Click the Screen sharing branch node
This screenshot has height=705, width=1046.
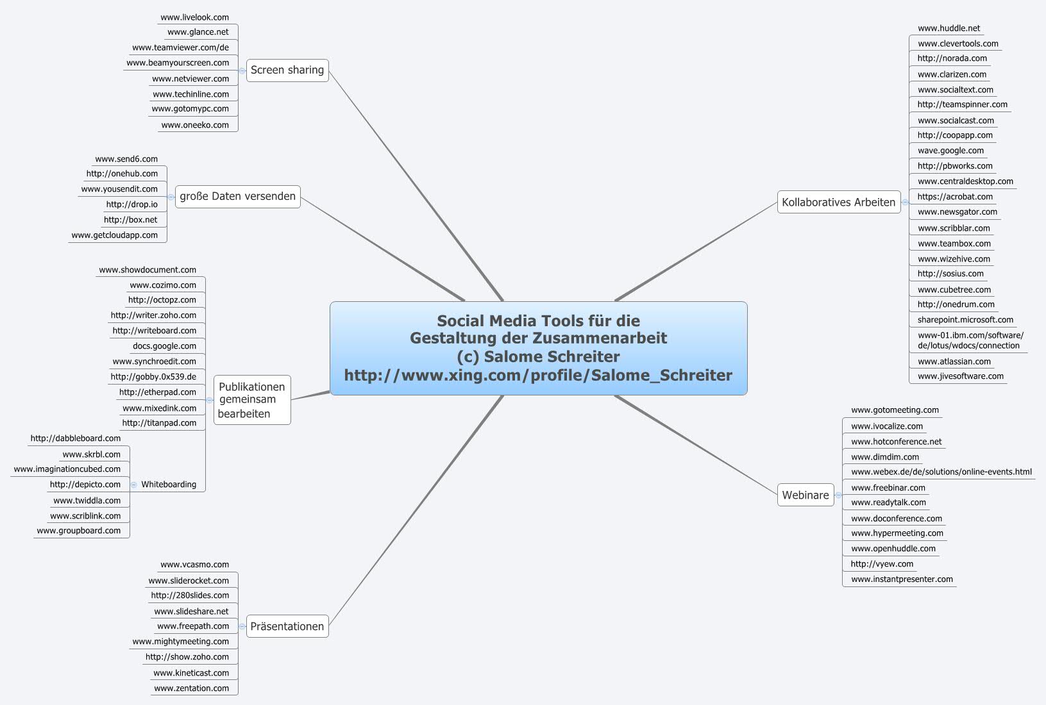click(287, 70)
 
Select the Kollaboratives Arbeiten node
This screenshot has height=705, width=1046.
click(838, 203)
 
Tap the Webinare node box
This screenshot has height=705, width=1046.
click(805, 495)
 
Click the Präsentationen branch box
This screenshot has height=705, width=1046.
click(287, 626)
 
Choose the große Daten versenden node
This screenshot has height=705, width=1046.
click(237, 196)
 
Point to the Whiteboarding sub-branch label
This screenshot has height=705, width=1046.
click(169, 485)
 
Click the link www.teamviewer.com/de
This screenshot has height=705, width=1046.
click(180, 47)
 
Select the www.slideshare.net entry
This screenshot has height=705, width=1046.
click(191, 611)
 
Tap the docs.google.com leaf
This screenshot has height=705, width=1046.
click(164, 346)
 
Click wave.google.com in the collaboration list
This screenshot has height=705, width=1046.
click(950, 151)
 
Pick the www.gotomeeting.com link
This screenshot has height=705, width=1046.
click(895, 410)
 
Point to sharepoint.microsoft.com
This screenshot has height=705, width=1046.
click(965, 320)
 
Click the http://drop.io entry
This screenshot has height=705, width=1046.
click(131, 204)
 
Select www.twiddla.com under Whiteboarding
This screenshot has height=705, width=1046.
click(87, 501)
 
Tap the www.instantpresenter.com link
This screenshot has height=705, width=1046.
click(902, 579)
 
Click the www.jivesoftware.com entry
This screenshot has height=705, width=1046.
click(960, 376)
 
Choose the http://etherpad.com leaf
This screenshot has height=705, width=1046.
click(157, 392)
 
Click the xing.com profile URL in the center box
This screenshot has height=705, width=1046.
click(538, 375)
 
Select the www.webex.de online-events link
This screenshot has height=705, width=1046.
click(941, 472)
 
